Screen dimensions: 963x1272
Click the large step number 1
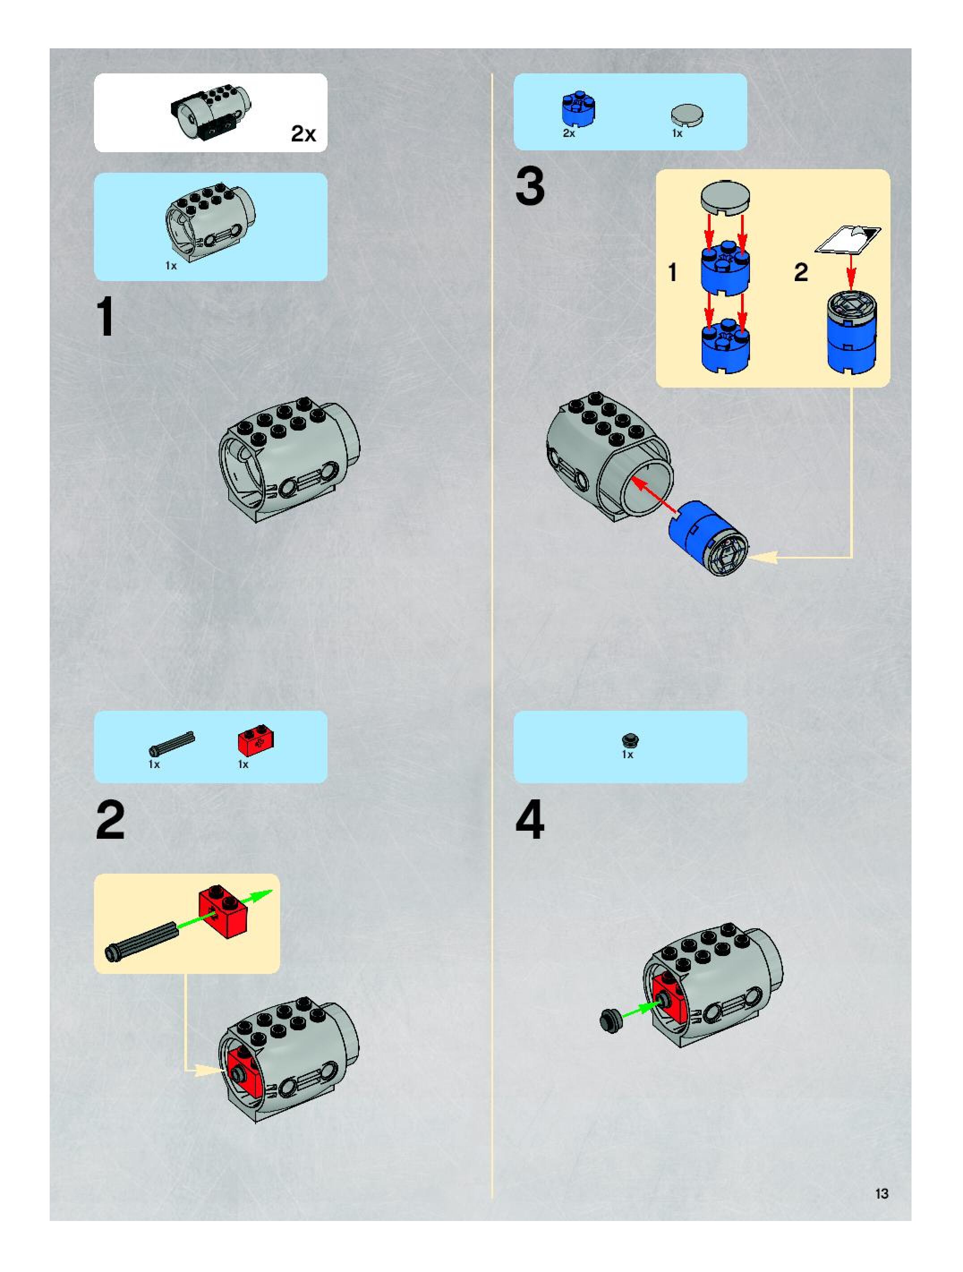pyautogui.click(x=106, y=316)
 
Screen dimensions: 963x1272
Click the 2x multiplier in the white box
pyautogui.click(x=303, y=133)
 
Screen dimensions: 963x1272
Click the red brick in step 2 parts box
pyautogui.click(x=256, y=743)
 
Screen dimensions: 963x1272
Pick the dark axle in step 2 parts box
pyautogui.click(x=171, y=743)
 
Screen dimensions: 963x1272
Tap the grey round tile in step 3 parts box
pyautogui.click(x=687, y=115)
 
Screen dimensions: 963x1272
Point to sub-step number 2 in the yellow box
pyautogui.click(x=800, y=272)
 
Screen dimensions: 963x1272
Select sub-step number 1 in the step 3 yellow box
pyautogui.click(x=672, y=272)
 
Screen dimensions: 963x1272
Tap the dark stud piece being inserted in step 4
pyautogui.click(x=610, y=1020)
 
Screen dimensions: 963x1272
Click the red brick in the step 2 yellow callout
pyautogui.click(x=222, y=911)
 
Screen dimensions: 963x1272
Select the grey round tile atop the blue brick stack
pyautogui.click(x=725, y=198)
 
